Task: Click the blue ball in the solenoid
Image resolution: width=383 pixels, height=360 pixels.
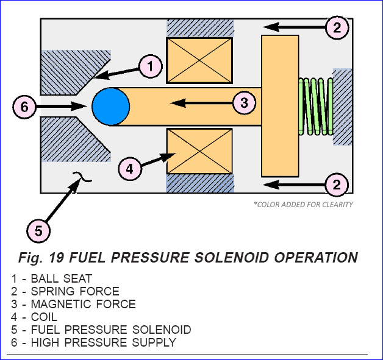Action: tap(111, 107)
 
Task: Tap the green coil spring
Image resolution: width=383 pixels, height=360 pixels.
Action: tap(315, 107)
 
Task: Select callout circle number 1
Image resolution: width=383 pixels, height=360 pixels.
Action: tap(151, 66)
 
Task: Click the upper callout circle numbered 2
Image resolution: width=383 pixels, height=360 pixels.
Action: tap(337, 27)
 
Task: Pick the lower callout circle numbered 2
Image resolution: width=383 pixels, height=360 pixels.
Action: tap(337, 185)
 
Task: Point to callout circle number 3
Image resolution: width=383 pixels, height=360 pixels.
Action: tap(245, 103)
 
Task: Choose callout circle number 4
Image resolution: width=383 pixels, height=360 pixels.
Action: tap(130, 169)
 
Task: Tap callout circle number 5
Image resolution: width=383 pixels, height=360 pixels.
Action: tap(38, 231)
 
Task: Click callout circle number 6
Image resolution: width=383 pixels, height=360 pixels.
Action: tap(24, 107)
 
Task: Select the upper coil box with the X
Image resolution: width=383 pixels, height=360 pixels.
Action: tap(199, 60)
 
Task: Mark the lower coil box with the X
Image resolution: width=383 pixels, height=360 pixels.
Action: tap(199, 151)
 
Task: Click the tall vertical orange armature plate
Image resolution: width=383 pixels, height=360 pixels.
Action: tap(280, 106)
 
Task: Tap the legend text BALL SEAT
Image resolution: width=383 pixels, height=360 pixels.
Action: tap(62, 278)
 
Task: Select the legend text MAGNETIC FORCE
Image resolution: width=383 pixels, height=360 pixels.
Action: tap(84, 304)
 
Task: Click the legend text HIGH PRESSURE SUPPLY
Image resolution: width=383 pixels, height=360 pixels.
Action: tap(104, 342)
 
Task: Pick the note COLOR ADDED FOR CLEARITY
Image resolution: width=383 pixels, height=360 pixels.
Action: tap(303, 205)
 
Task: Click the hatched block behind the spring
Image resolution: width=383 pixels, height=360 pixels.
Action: tap(343, 107)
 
